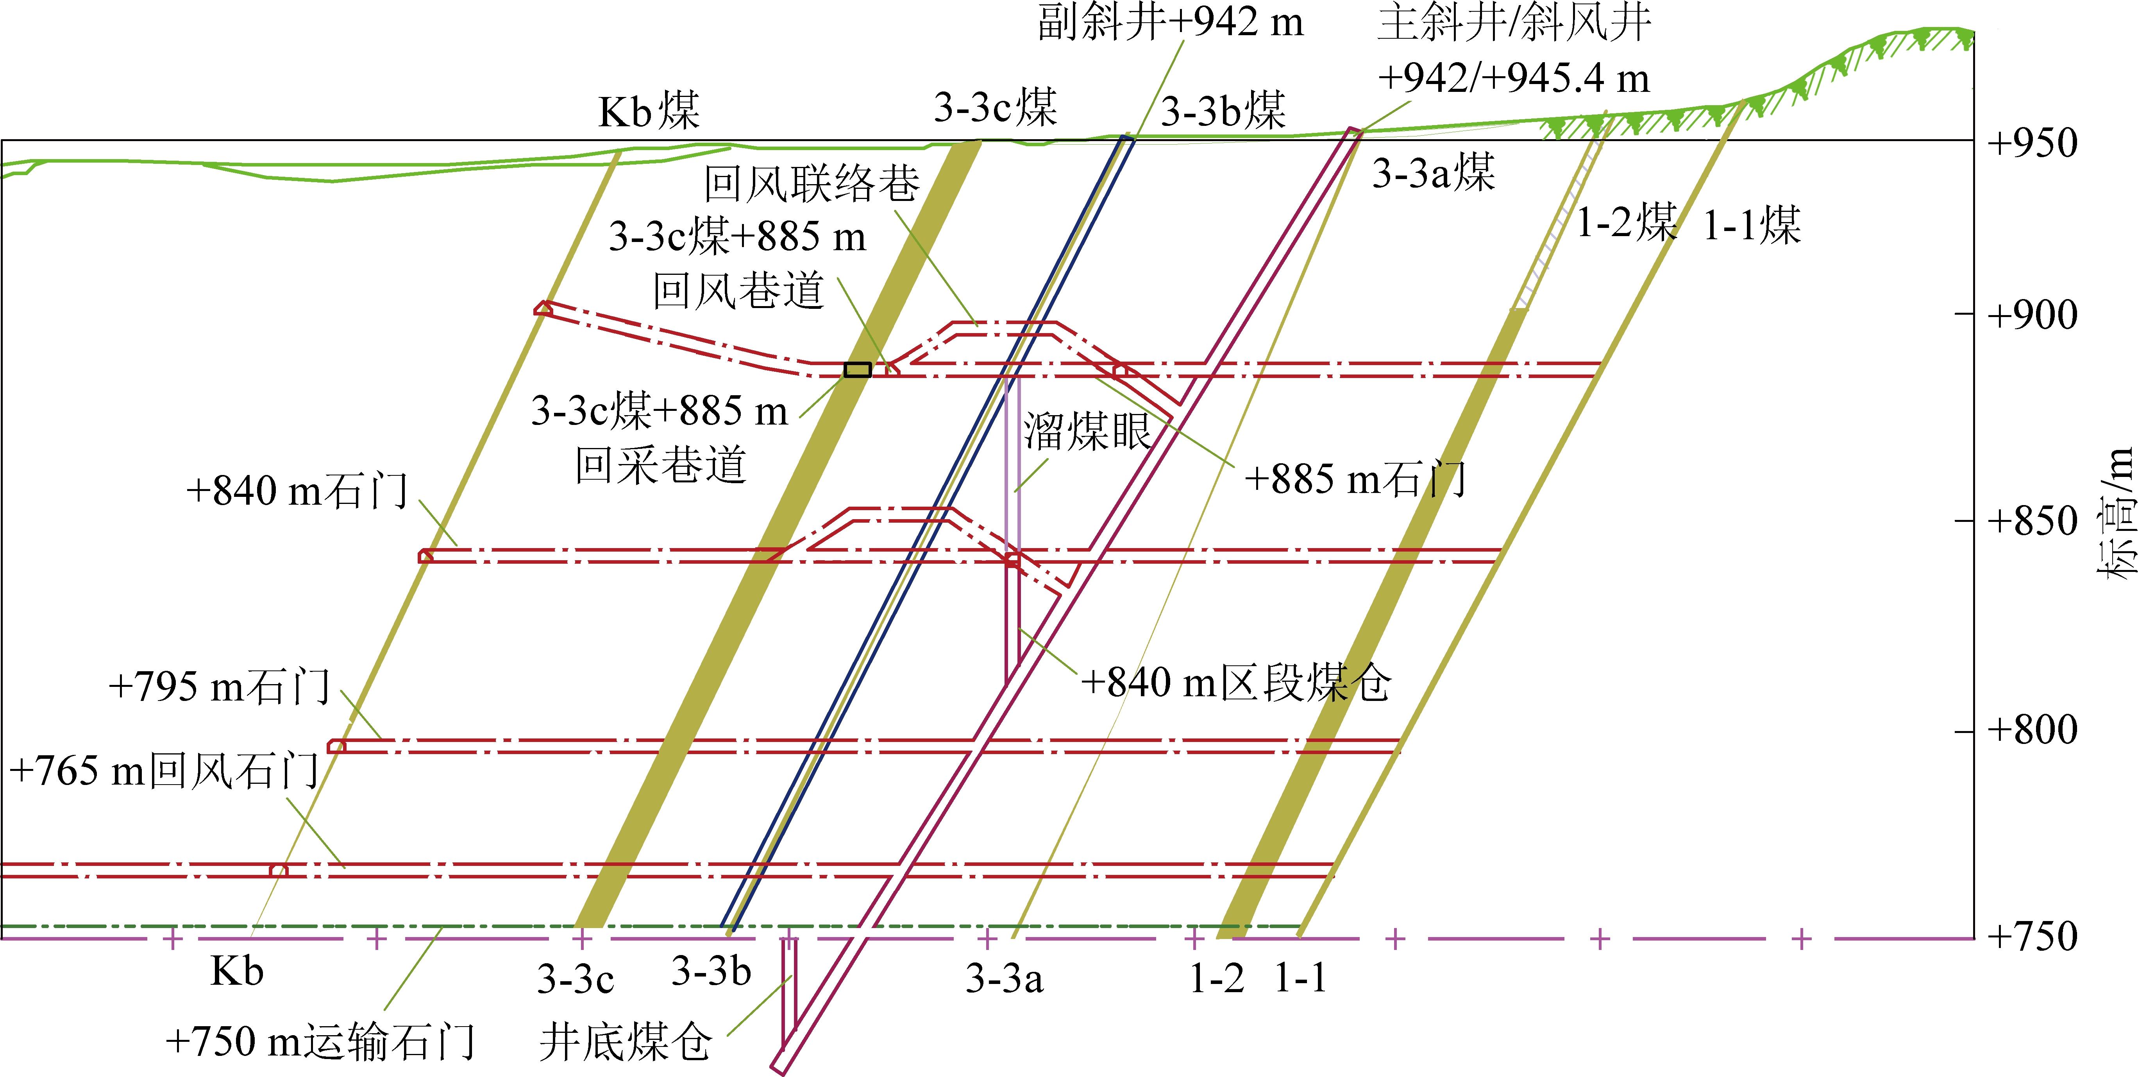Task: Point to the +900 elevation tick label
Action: [x=2033, y=315]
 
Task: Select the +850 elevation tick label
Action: [x=2033, y=521]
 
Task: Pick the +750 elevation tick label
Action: [x=2033, y=937]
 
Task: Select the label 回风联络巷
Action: [x=812, y=183]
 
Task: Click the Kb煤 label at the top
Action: [x=649, y=111]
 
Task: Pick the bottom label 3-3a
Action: [x=1004, y=978]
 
